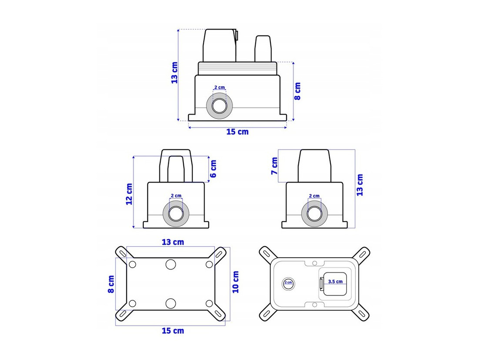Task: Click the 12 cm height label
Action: click(x=129, y=194)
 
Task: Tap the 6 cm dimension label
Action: click(x=213, y=169)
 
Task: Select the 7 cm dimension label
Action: click(x=274, y=166)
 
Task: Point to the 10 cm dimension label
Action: click(x=236, y=282)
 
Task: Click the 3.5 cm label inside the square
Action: click(x=335, y=282)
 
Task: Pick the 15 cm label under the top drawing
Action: click(x=237, y=132)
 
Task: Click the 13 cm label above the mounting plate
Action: click(x=173, y=242)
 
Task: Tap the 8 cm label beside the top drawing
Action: click(x=297, y=91)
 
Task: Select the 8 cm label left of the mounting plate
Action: click(x=111, y=284)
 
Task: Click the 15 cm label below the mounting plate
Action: click(x=173, y=331)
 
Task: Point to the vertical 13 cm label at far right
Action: click(x=360, y=185)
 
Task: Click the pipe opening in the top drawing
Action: click(x=219, y=106)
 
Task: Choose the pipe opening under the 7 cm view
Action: click(x=315, y=213)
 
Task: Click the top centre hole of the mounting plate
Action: click(x=171, y=264)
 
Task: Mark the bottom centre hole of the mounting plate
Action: click(x=171, y=303)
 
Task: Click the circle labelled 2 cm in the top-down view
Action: click(x=288, y=283)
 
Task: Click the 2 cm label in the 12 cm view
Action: click(x=176, y=196)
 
